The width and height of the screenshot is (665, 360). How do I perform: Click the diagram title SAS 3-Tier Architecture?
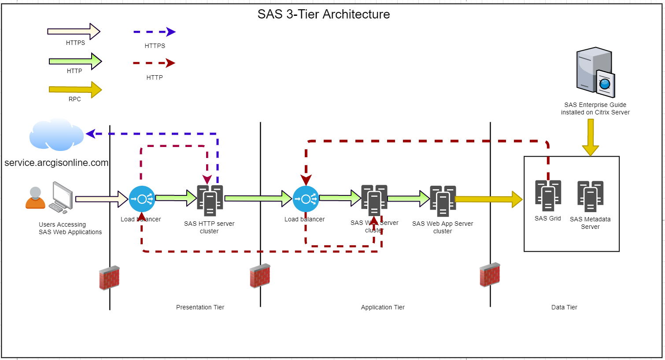324,14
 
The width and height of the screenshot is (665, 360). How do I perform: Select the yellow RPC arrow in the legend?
75,90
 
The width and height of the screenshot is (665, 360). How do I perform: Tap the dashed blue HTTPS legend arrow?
154,32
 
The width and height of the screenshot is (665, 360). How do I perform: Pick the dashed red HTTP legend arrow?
154,63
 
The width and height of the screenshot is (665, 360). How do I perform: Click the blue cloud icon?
56,134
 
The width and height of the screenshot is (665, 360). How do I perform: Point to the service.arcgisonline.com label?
56,163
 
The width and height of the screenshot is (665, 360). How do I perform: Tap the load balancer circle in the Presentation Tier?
142,199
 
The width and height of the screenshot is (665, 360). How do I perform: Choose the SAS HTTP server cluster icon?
210,200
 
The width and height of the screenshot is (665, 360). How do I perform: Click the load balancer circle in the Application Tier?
306,199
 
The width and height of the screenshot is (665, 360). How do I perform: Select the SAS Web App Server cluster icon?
443,201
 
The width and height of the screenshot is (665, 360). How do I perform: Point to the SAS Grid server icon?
548,195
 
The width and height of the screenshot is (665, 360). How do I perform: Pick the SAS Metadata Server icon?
590,196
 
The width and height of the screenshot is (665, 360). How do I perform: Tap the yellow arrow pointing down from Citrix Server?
591,137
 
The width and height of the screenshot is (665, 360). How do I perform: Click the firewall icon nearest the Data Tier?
490,275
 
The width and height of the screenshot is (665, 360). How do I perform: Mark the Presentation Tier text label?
200,307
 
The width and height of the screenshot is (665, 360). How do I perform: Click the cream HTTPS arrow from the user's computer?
101,199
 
